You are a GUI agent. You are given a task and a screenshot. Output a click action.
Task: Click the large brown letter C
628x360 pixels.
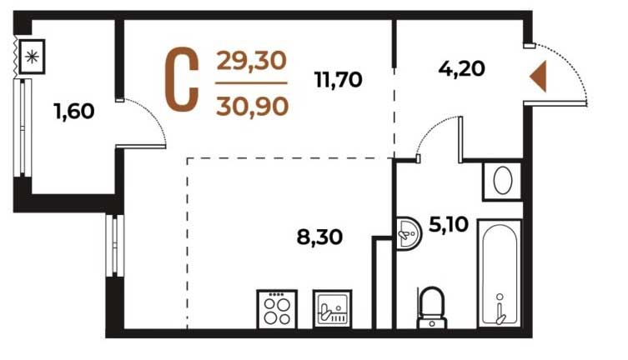tap(183, 79)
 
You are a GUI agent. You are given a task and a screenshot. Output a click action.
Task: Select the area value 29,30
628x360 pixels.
tap(252, 61)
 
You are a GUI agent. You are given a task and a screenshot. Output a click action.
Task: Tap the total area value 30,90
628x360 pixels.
tap(253, 107)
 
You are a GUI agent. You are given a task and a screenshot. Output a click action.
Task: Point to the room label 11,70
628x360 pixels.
tap(339, 79)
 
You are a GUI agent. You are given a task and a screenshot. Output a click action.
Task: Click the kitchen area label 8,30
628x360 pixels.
tap(319, 237)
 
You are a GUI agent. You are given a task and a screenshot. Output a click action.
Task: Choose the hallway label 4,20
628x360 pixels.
tap(461, 68)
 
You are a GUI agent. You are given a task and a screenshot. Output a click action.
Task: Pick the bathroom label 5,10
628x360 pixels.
tap(449, 224)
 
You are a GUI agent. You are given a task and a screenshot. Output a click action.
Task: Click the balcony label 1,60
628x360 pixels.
tap(74, 111)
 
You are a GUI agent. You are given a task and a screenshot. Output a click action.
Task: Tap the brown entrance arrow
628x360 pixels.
tap(538, 77)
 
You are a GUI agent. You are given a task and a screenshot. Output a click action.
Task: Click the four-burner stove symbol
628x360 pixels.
tap(277, 309)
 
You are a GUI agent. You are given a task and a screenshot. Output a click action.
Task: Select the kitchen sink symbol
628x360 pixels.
tap(333, 308)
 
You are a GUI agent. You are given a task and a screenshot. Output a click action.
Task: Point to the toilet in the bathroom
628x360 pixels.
tap(432, 307)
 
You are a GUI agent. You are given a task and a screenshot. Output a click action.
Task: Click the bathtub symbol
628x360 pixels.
tap(500, 273)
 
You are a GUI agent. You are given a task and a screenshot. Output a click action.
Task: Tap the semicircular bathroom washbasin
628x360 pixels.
tap(409, 233)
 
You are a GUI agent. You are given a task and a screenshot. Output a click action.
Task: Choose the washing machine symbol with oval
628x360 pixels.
tap(503, 181)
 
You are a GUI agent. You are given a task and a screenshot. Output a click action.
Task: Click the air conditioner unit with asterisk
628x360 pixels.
tap(32, 57)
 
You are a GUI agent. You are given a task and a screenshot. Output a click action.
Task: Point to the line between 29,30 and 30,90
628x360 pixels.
tap(251, 83)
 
